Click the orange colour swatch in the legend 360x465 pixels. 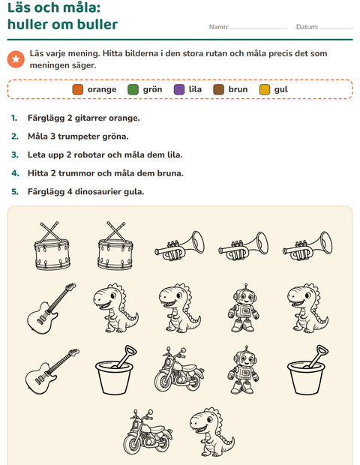pos(78,89)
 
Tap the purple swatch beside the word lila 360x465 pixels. pos(179,89)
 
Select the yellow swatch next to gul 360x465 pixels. pos(265,89)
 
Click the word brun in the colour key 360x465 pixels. pos(238,89)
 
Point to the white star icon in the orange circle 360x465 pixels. pos(16,59)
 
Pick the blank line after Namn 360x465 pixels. pos(259,28)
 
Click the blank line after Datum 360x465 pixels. pos(336,28)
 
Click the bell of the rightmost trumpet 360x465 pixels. pos(325,242)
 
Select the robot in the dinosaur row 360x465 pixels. pos(244,307)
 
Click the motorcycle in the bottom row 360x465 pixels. pos(148,431)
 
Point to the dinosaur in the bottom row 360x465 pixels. pos(211,431)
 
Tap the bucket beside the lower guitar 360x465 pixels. pos(115,370)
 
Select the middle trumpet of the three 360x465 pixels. pos(243,246)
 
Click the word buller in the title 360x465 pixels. pos(97,24)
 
